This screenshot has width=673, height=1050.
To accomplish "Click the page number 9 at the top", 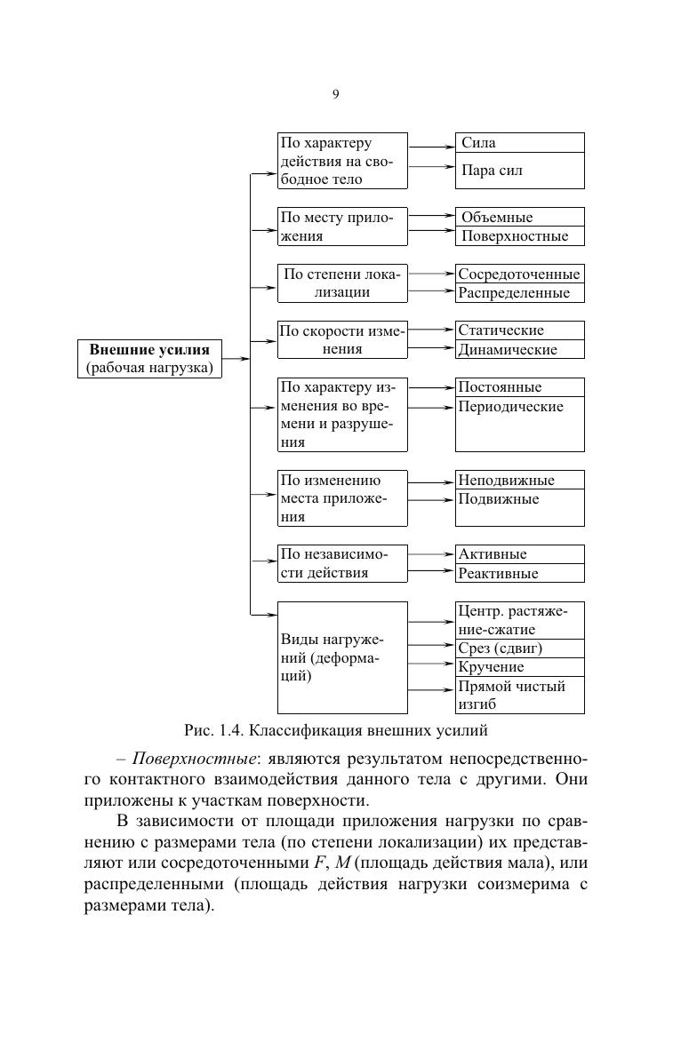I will click(335, 94).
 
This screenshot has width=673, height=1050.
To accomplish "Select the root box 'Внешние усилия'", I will click(149, 357).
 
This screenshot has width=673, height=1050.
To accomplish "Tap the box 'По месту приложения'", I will click(342, 227).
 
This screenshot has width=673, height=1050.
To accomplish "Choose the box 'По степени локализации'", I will click(342, 282).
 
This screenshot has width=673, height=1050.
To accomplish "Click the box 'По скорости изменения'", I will click(342, 339).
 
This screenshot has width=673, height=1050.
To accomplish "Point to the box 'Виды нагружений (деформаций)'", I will click(342, 657).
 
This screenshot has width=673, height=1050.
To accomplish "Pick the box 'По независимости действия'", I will click(342, 563).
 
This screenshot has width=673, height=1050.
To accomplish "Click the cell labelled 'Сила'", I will click(520, 143).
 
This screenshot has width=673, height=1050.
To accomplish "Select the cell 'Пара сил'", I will click(520, 171).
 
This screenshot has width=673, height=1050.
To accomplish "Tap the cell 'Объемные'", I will click(520, 217).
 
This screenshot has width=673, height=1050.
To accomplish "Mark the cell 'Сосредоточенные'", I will click(520, 274).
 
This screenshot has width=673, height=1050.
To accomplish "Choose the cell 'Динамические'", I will click(520, 349).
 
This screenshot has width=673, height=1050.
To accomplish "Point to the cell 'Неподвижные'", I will click(520, 480).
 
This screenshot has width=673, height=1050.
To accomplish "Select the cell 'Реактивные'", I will click(520, 573).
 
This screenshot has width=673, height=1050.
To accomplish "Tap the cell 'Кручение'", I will click(520, 666).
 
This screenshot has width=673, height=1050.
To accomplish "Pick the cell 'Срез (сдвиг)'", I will click(520, 648).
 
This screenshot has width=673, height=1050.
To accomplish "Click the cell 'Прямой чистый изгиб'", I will click(520, 695).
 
